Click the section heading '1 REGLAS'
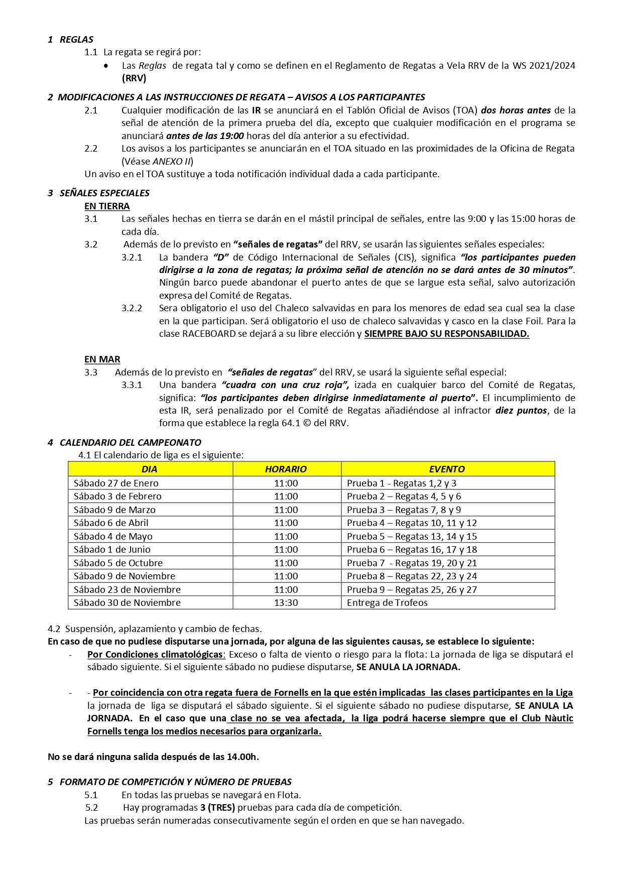(71, 39)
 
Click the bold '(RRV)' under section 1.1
(134, 78)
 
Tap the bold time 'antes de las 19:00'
(205, 136)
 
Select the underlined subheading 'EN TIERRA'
(107, 206)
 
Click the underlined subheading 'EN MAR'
(102, 359)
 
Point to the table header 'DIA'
(150, 469)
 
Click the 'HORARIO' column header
(286, 469)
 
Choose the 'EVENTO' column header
(447, 469)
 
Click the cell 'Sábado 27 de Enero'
(116, 483)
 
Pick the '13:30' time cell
(286, 602)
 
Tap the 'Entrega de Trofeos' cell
(387, 602)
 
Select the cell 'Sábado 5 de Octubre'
(118, 563)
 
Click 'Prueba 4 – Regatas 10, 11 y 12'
(412, 523)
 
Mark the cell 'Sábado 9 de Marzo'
(114, 510)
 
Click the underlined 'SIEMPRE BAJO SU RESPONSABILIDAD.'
(446, 333)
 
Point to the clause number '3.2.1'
(132, 257)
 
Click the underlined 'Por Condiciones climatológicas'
(155, 654)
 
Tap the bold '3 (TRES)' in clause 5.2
(217, 808)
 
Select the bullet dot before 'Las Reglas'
(105, 66)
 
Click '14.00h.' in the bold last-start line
(243, 757)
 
